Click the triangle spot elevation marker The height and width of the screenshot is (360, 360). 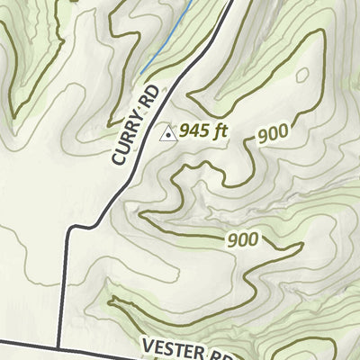pyautogui.click(x=167, y=133)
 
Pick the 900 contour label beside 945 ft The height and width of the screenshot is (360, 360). pyautogui.click(x=273, y=133)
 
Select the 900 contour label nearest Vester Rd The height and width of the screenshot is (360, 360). pyautogui.click(x=243, y=239)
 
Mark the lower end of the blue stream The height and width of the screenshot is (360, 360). pyautogui.click(x=140, y=74)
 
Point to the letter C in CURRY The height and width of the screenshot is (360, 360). pyautogui.click(x=118, y=157)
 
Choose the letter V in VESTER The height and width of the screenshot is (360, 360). pyautogui.click(x=148, y=343)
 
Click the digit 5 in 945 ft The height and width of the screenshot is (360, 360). pyautogui.click(x=204, y=130)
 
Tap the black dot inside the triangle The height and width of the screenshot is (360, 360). pyautogui.click(x=167, y=135)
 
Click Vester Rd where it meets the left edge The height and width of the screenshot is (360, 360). pyautogui.click(x=2, y=341)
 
